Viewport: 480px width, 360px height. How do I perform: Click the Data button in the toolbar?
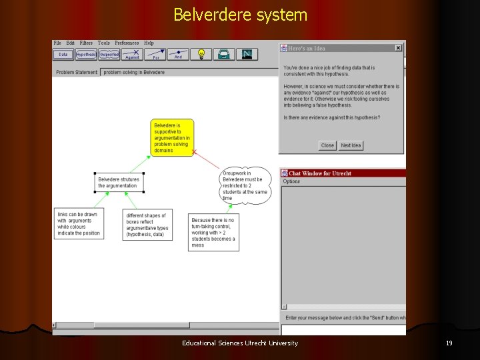63,55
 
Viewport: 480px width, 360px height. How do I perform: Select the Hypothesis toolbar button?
86,55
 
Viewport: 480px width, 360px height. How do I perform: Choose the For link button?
155,55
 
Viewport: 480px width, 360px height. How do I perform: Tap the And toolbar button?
178,55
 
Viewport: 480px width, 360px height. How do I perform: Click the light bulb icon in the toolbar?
201,55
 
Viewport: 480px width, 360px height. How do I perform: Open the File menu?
57,43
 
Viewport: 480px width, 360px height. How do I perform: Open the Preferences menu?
127,43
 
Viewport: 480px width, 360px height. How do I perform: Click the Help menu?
149,43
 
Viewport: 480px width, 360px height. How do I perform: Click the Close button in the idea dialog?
327,145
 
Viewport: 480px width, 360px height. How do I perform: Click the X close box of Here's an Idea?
398,48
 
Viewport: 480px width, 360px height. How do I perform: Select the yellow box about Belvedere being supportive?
172,138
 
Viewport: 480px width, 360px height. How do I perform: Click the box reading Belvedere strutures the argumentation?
119,182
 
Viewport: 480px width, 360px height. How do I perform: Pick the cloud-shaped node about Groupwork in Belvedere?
245,184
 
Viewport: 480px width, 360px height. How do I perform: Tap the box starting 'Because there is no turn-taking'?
213,232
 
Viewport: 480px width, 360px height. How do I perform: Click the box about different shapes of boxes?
147,225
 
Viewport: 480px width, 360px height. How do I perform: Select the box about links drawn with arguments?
79,224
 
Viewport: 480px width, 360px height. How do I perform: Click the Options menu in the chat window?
291,181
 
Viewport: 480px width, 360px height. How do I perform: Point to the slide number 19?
449,343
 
